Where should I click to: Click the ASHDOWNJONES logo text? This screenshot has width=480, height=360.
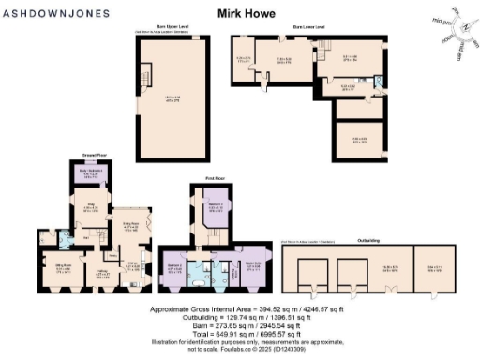pos(58,13)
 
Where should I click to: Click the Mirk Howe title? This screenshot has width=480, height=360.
pos(239,14)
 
